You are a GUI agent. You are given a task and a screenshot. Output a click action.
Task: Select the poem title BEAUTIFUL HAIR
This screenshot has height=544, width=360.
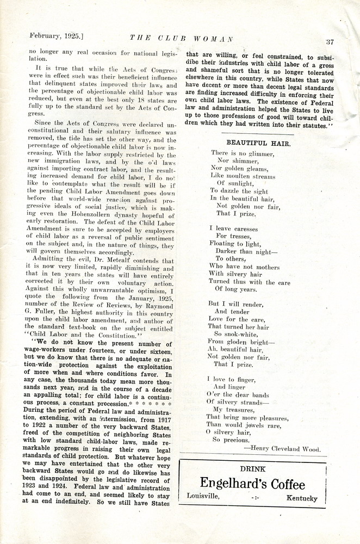258,143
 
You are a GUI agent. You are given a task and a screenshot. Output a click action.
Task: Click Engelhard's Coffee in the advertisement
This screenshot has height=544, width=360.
252,484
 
